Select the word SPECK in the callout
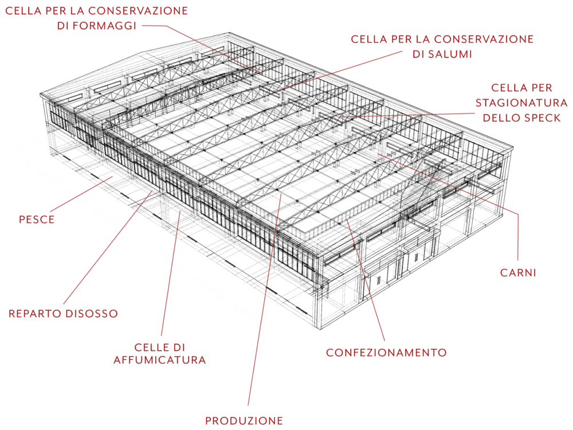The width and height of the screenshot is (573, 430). tap(540, 118)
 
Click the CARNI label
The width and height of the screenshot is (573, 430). tap(518, 273)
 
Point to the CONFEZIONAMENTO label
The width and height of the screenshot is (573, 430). tap(386, 352)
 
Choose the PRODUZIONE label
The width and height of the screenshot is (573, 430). tap(244, 421)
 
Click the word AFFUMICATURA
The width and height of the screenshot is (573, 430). tap(160, 360)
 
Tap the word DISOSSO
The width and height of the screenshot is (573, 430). tap(91, 314)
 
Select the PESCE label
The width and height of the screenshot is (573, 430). tap(37, 220)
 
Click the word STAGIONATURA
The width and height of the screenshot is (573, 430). tap(521, 103)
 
